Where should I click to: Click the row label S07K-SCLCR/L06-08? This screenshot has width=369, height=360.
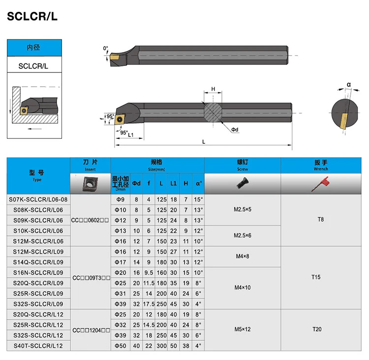click(x=38, y=199)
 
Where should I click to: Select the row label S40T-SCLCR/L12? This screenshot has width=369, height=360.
click(x=38, y=346)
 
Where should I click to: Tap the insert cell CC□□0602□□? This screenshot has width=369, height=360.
click(x=91, y=220)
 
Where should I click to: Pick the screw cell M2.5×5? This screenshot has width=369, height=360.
click(x=242, y=209)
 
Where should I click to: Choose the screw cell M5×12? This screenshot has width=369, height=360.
click(x=242, y=329)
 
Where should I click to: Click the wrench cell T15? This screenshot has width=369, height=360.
click(x=316, y=277)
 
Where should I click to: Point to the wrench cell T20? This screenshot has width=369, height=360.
click(x=316, y=329)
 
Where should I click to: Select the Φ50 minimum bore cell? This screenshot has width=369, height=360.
click(x=120, y=346)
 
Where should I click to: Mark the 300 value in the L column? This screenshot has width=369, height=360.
click(x=161, y=346)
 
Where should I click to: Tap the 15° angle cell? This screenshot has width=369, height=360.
click(x=198, y=199)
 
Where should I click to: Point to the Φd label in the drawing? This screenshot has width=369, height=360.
click(x=235, y=130)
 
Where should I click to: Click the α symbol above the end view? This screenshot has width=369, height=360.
click(x=349, y=84)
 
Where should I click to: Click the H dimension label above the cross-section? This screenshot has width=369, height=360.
click(x=213, y=89)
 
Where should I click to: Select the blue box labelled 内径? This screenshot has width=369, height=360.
click(x=33, y=48)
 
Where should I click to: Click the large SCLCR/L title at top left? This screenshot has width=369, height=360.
click(x=32, y=17)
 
